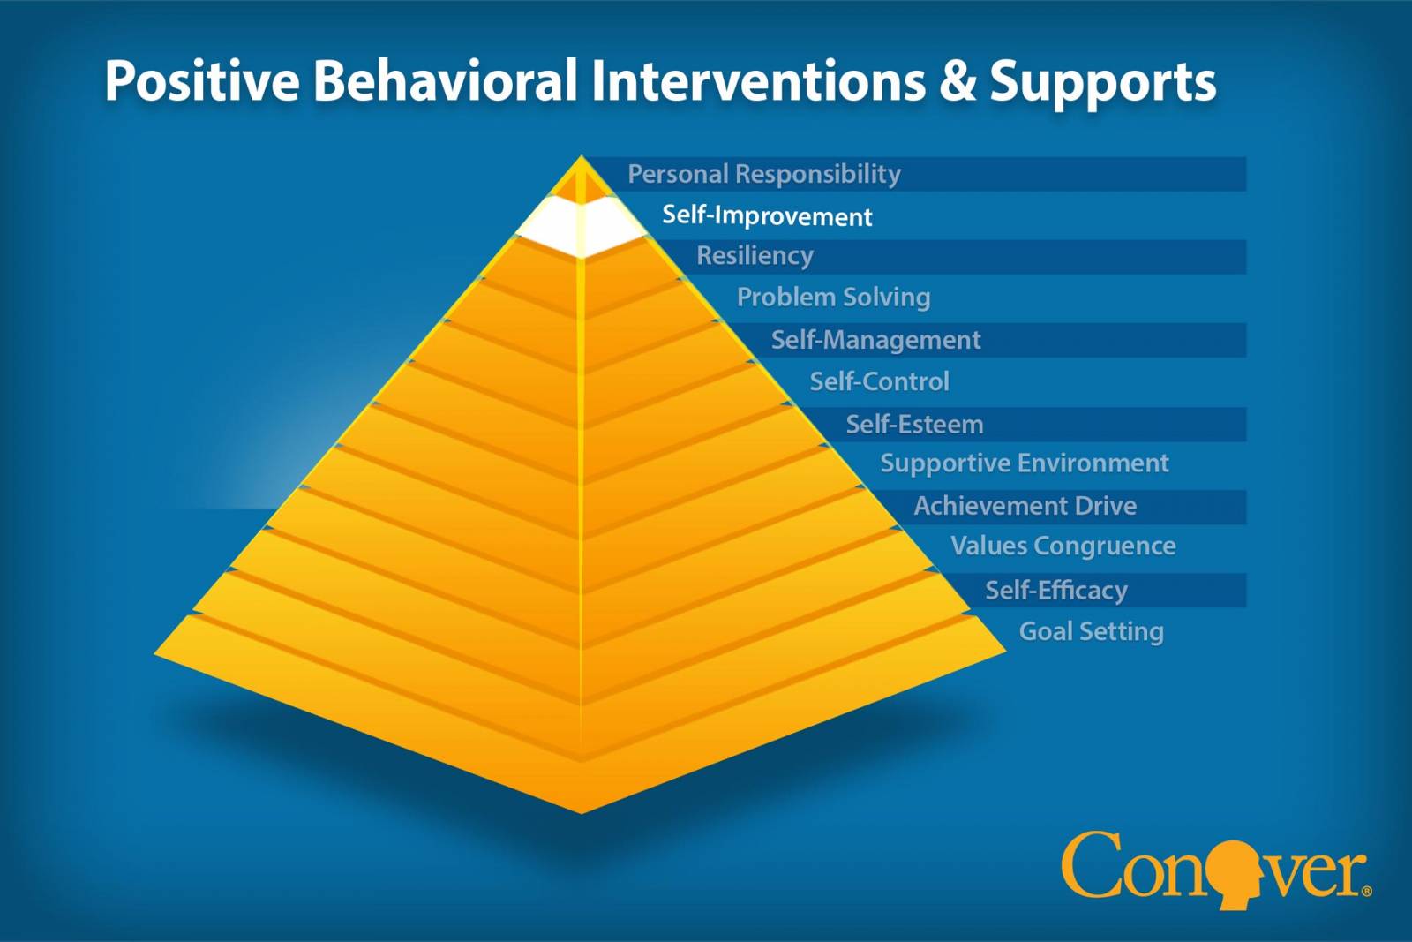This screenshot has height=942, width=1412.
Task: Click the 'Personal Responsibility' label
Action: tap(764, 174)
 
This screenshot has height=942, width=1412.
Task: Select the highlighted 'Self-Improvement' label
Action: tap(767, 215)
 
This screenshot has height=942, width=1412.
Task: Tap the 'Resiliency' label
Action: tap(755, 256)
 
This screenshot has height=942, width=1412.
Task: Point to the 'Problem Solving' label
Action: tap(833, 297)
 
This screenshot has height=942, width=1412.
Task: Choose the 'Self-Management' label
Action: tap(875, 340)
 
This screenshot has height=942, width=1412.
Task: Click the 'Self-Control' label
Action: tap(879, 381)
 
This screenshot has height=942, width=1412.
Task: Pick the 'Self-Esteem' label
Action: tap(914, 425)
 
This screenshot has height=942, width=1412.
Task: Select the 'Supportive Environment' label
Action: tap(1025, 463)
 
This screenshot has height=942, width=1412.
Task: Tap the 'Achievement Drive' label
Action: tap(1025, 506)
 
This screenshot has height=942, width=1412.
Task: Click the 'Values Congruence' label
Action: tap(1063, 546)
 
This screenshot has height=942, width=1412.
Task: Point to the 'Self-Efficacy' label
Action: tap(1055, 591)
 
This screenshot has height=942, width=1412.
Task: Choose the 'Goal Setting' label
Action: tap(1091, 632)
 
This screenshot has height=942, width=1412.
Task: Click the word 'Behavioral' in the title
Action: tap(445, 80)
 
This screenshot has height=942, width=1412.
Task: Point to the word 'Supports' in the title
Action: tap(1102, 84)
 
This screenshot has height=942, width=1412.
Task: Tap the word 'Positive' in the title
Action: tap(202, 80)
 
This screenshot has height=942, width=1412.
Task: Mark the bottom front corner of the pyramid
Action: tap(581, 813)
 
